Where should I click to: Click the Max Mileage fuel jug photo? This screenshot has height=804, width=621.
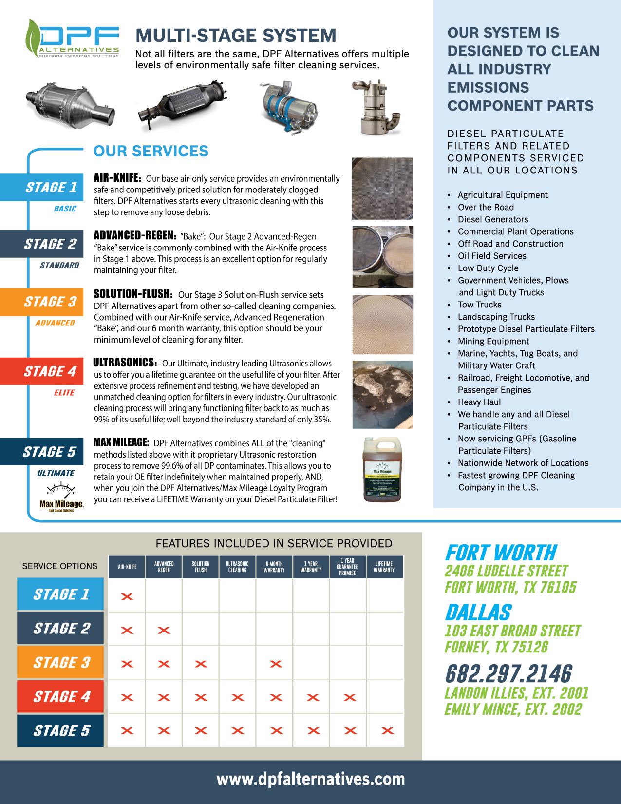[382, 469]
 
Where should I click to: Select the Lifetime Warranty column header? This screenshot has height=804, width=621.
[384, 567]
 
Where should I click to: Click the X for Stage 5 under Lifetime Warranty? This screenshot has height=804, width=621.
[387, 731]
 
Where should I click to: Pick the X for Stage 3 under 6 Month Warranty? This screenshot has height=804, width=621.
[276, 664]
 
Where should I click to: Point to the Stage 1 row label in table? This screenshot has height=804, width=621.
[61, 594]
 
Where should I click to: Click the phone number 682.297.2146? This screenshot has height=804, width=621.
[508, 674]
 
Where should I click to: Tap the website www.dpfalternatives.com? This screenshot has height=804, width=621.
[310, 779]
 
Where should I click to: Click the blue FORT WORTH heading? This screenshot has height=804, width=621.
[501, 553]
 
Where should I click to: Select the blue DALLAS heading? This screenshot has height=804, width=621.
[478, 613]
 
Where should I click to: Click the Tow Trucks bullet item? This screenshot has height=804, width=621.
[479, 305]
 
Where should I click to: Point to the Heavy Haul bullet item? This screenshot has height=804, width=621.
[479, 402]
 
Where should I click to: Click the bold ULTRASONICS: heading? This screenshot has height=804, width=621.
[125, 363]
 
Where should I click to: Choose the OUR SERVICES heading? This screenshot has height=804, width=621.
[151, 151]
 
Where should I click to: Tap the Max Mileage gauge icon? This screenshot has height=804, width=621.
[60, 490]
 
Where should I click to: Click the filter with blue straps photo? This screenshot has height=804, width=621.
[288, 107]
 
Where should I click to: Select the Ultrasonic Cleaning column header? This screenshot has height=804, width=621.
[237, 567]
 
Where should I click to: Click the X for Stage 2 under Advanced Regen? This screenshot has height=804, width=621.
[164, 631]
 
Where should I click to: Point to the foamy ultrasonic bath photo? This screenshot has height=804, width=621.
[382, 395]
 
